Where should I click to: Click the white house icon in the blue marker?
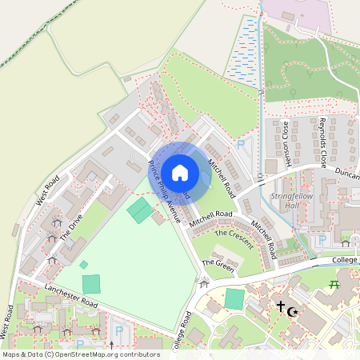point(180,172)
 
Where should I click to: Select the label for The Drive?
point(70,228)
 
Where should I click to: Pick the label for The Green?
point(218,266)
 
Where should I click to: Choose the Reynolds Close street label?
point(323,142)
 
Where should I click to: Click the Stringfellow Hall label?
point(295,201)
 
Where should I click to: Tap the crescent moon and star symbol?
point(292,310)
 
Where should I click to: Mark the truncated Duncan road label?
point(346,174)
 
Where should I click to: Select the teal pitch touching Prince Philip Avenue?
point(141,210)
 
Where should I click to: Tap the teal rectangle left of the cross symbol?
point(234,299)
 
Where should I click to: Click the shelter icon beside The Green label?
point(203,281)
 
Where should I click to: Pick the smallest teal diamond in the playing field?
point(84,264)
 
